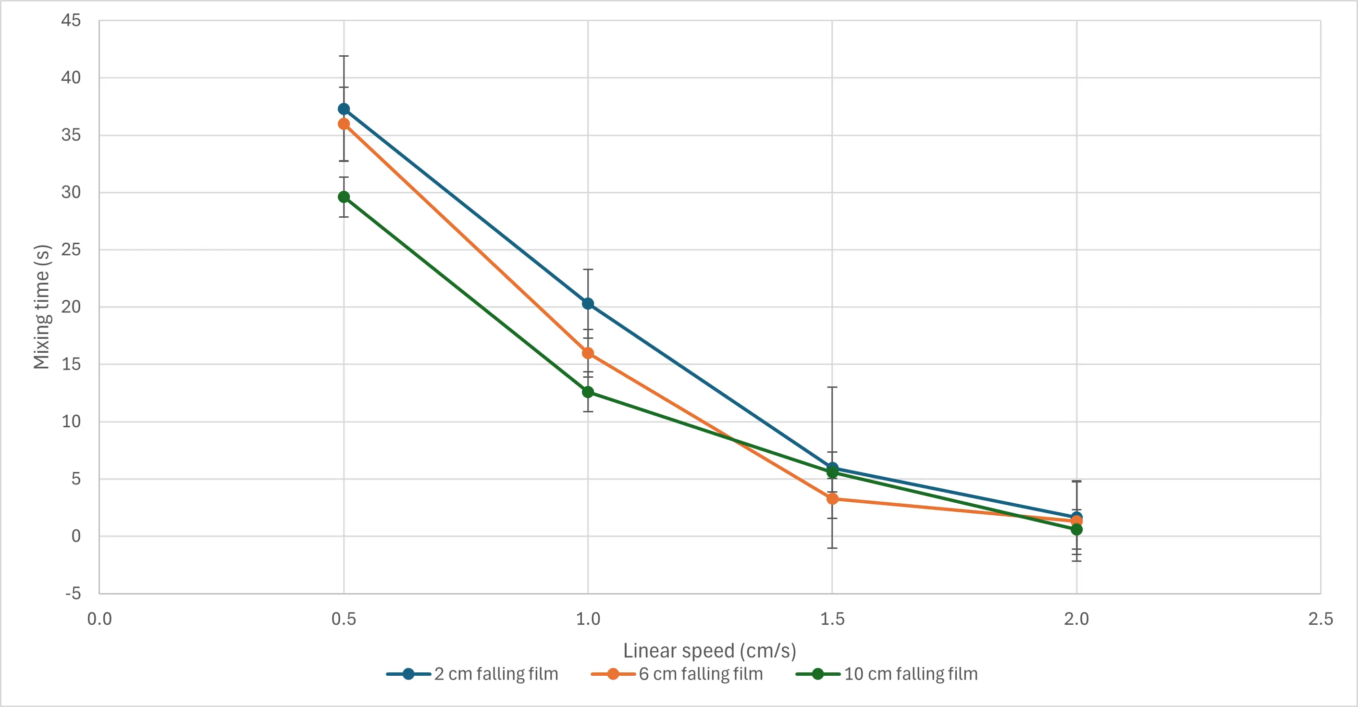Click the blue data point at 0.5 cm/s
click(x=344, y=109)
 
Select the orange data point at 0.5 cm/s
click(x=344, y=124)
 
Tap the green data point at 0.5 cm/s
click(x=344, y=197)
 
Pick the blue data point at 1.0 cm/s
click(x=588, y=304)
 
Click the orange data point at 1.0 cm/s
click(x=588, y=353)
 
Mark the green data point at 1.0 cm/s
click(x=588, y=392)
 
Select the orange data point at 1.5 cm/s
click(x=832, y=499)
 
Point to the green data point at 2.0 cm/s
click(x=1076, y=529)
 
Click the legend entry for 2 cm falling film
click(x=472, y=674)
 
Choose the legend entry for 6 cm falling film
click(x=678, y=674)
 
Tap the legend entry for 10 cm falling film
click(x=887, y=674)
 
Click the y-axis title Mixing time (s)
click(x=41, y=307)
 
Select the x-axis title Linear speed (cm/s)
click(x=710, y=651)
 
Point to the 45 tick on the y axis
click(x=71, y=21)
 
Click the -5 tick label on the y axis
click(x=73, y=594)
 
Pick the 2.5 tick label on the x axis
click(x=1321, y=619)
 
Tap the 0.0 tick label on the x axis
click(x=99, y=619)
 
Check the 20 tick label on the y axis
click(x=71, y=307)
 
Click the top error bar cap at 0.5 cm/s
click(x=344, y=56)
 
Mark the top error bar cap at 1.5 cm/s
click(x=832, y=387)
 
